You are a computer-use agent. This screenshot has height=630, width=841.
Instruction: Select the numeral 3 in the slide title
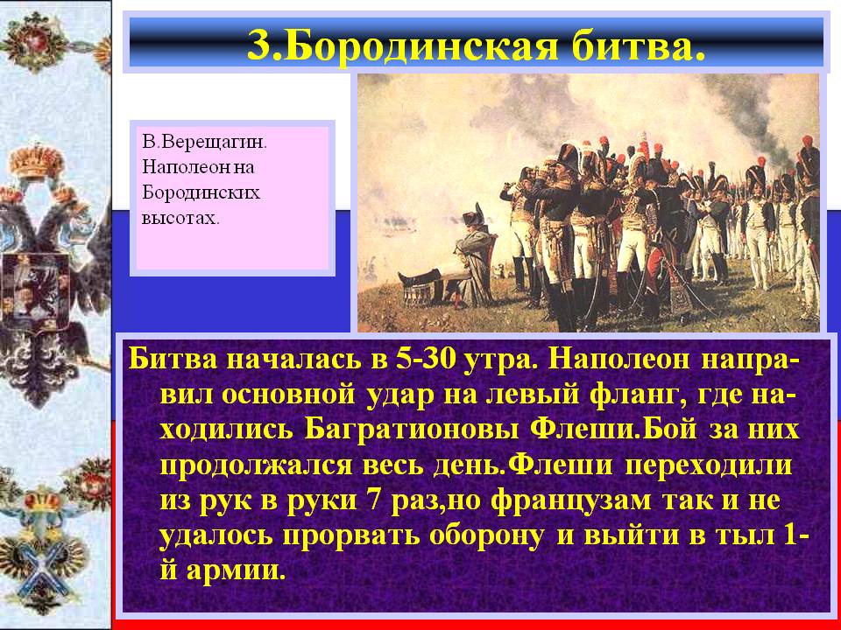[258, 45]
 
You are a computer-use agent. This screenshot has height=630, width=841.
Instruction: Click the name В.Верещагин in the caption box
[204, 143]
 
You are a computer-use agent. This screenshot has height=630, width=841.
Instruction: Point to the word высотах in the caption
[180, 218]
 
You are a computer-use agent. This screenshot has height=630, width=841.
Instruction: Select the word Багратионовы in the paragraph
[412, 430]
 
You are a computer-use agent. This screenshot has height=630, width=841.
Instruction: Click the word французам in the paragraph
[571, 500]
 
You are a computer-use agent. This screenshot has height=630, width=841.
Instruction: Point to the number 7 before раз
[374, 500]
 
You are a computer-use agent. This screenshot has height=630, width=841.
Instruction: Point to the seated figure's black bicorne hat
[474, 215]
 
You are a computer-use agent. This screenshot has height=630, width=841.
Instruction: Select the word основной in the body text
[288, 395]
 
